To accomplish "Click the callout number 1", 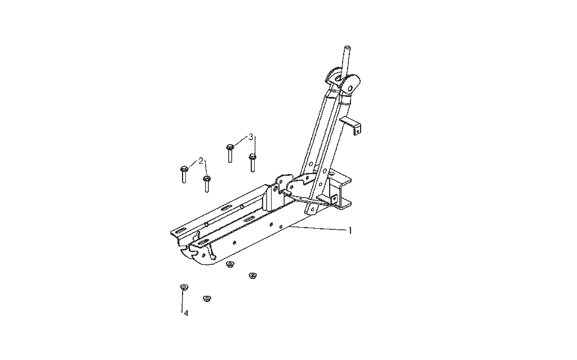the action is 350,231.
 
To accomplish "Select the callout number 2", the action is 201,161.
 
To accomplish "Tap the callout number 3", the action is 251,137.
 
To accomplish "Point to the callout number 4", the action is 186,313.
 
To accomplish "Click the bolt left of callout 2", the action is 184,175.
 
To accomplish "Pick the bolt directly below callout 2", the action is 206,184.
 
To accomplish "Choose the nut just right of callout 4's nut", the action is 207,298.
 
